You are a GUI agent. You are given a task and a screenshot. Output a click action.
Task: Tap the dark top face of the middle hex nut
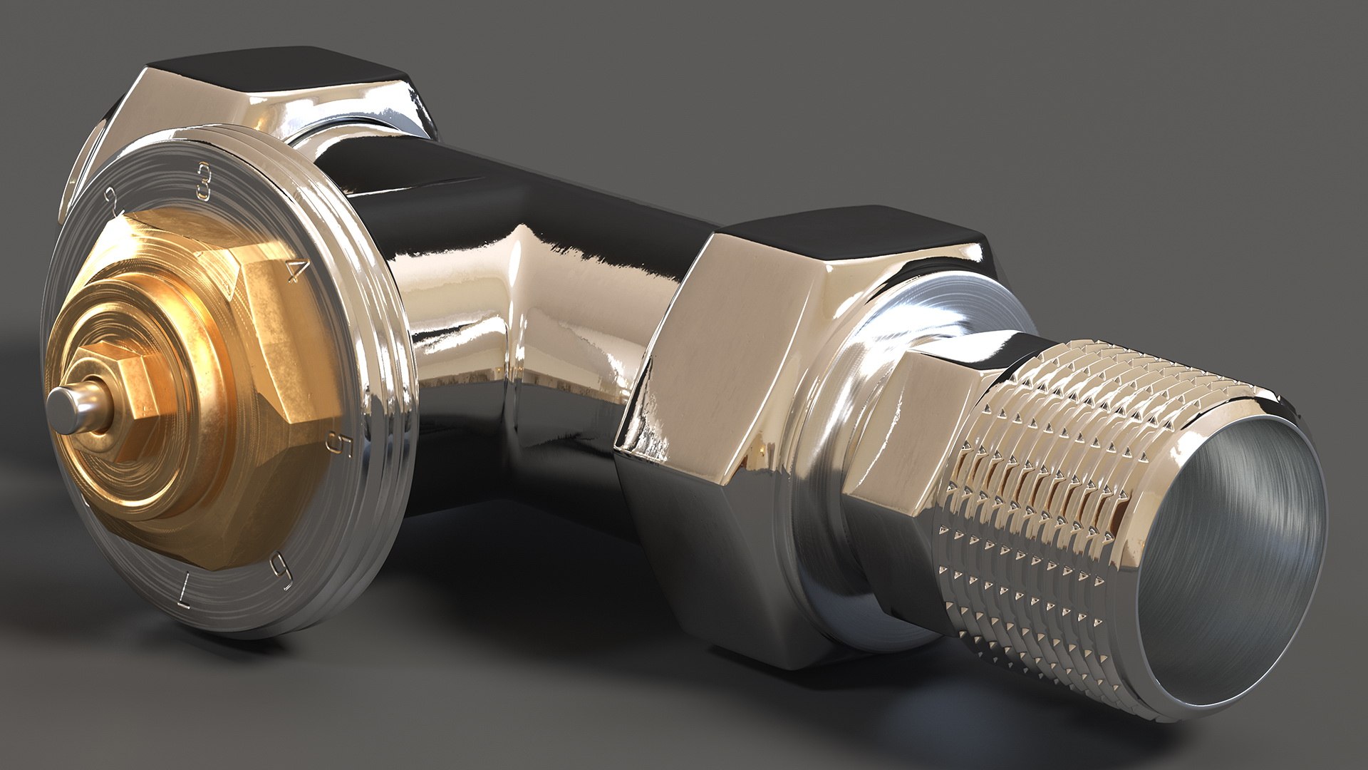point(855,235)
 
